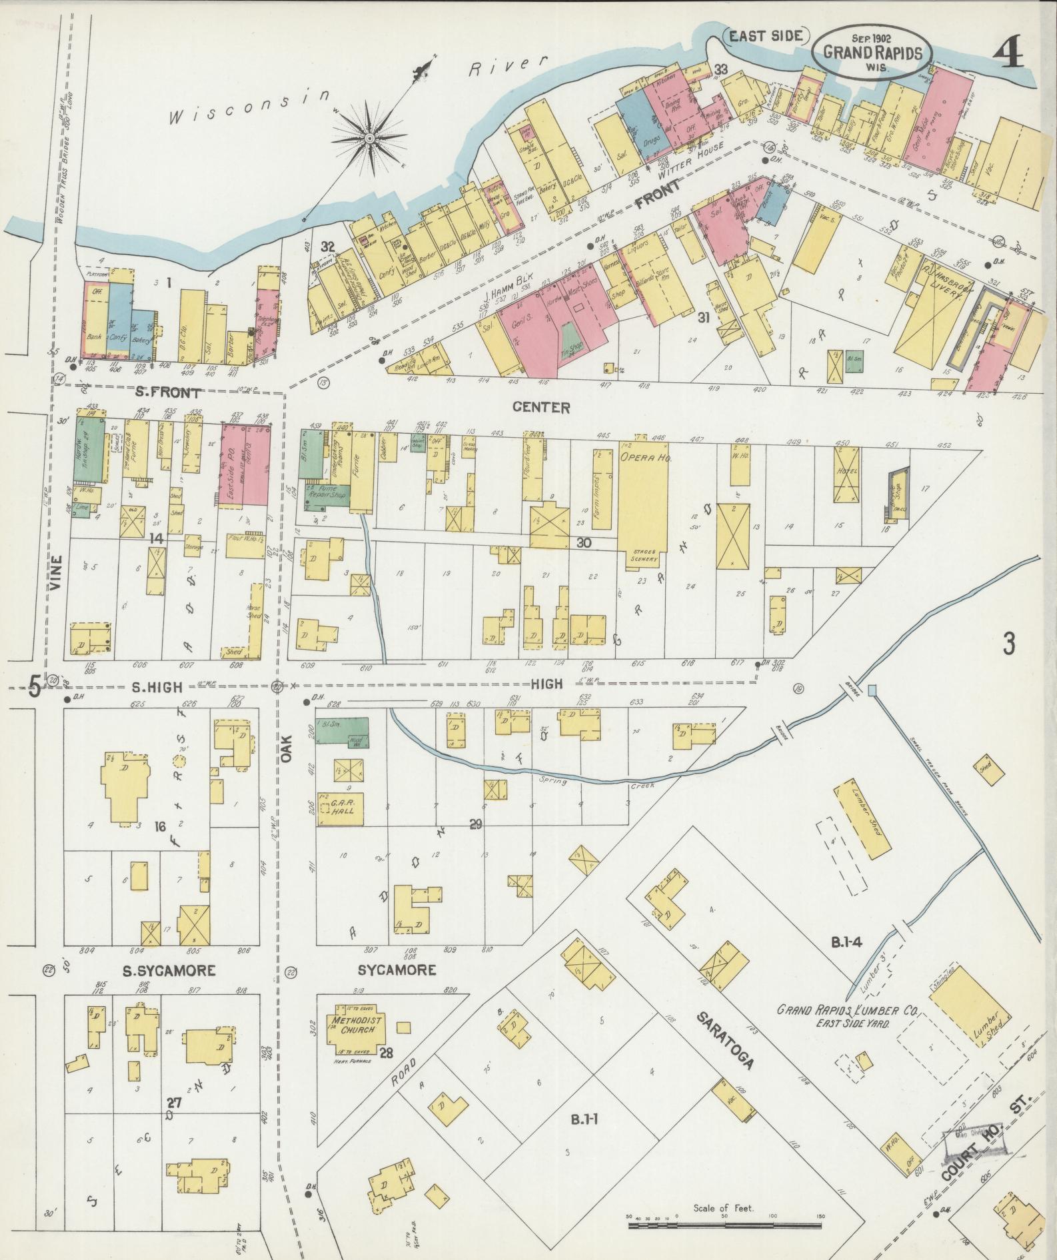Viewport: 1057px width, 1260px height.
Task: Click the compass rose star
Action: point(368,138)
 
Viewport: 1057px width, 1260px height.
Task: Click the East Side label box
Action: point(765,37)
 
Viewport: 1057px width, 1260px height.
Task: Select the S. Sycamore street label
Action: point(169,971)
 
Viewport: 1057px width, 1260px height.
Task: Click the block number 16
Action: point(159,827)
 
